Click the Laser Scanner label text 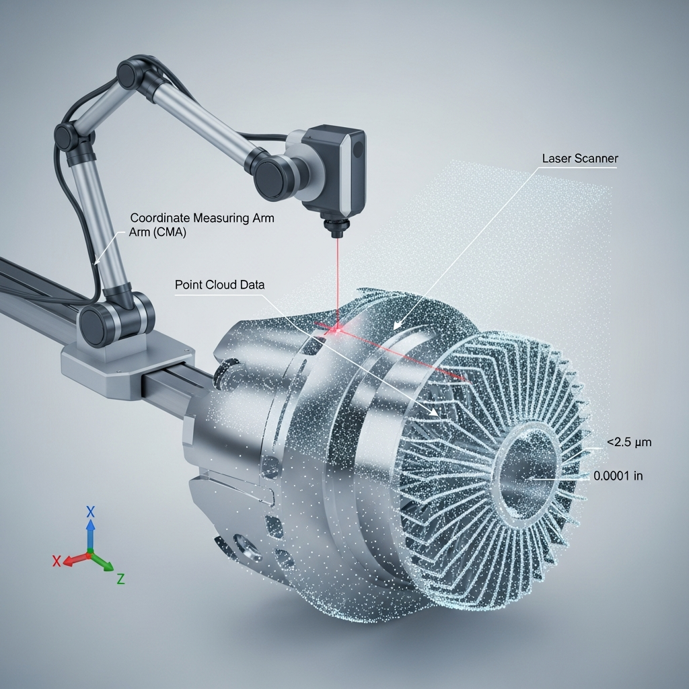click(x=579, y=159)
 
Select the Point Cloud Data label click(x=219, y=285)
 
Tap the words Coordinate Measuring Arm click(x=202, y=218)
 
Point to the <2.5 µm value click(x=629, y=442)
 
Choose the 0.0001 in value click(x=618, y=476)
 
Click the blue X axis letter click(x=91, y=511)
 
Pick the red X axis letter click(x=57, y=560)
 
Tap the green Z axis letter click(x=120, y=578)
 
